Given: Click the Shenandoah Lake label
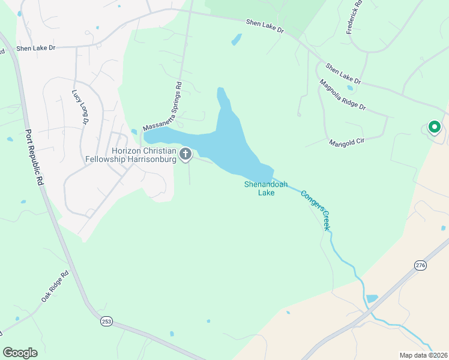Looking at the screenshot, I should [x=259, y=188].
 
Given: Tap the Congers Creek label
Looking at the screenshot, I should [x=316, y=211].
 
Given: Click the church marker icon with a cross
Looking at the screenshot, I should [x=186, y=154].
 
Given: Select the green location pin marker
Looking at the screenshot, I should [x=433, y=127].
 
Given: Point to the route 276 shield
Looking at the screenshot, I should [x=420, y=265].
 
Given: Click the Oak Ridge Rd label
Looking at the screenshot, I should [x=55, y=286].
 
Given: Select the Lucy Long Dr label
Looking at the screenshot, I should [x=80, y=107].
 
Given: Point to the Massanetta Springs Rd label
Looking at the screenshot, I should [x=163, y=107].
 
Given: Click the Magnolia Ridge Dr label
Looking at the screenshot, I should [x=342, y=95].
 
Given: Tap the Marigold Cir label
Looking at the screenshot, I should [x=348, y=142].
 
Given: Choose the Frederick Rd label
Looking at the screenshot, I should [x=355, y=16].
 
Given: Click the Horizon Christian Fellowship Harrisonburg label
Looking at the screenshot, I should [x=143, y=155].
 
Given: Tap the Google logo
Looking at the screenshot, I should [x=20, y=353].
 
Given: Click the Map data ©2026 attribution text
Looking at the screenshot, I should [x=424, y=355].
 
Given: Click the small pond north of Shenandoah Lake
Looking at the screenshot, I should [x=237, y=40].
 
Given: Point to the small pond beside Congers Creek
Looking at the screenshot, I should [x=372, y=298].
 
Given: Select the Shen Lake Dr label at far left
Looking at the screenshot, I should [x=35, y=49].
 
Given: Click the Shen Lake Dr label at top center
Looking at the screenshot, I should [x=264, y=26].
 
